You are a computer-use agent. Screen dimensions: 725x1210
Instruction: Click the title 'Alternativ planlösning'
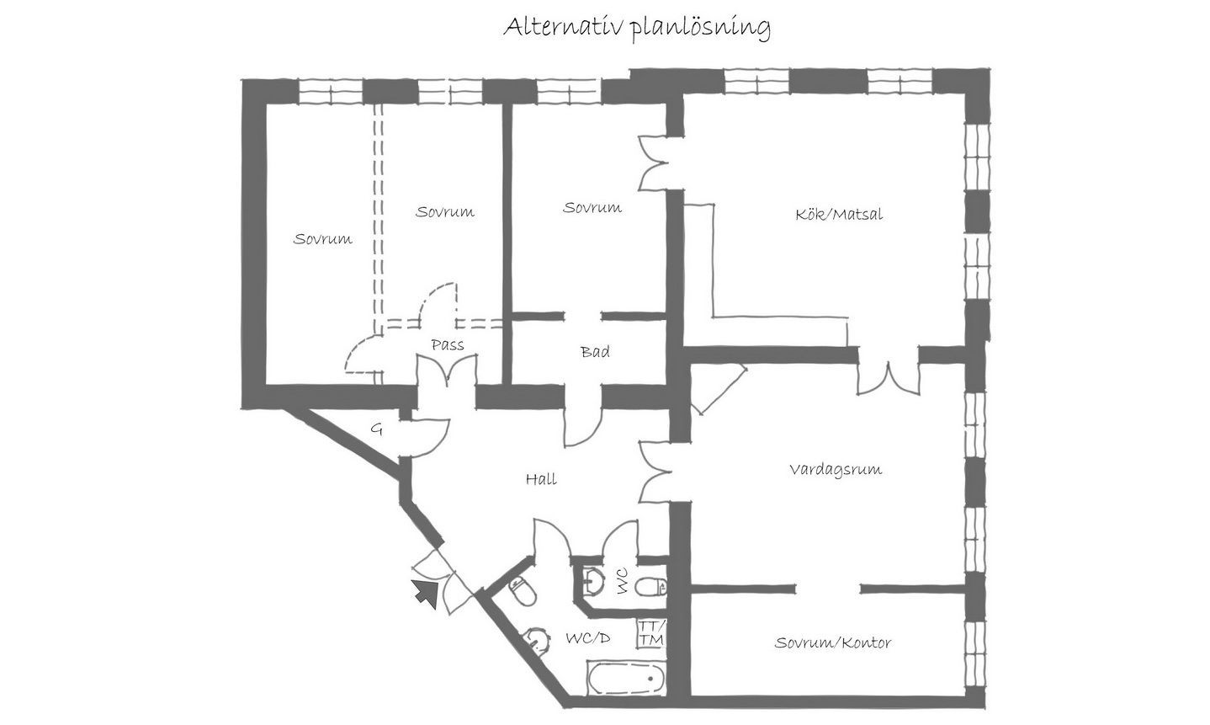pos(637,28)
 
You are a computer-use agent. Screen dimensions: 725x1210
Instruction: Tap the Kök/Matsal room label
pos(839,214)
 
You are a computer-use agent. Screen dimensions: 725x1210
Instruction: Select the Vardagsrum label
pos(835,470)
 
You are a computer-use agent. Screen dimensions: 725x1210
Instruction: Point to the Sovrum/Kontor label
pos(832,643)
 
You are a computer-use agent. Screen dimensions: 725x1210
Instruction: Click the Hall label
pos(541,479)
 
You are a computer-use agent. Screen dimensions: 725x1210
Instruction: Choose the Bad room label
pos(595,352)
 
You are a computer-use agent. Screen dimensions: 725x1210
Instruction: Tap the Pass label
pos(447,345)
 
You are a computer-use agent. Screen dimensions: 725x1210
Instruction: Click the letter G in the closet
pos(376,429)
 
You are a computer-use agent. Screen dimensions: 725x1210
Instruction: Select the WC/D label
pos(588,639)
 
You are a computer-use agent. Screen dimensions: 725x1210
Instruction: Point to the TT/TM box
pos(650,633)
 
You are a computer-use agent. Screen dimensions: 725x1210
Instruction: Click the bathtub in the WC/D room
pos(626,679)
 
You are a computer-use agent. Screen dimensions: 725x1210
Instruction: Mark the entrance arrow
pos(426,592)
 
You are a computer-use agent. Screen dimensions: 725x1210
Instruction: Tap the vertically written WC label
pos(622,581)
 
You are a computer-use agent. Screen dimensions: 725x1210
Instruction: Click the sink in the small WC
pos(593,581)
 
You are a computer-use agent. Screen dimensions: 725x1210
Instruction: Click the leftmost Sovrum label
pos(322,239)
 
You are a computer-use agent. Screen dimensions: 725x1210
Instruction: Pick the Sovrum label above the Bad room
pos(592,207)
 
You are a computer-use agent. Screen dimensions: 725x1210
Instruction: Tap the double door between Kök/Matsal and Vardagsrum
pos(888,378)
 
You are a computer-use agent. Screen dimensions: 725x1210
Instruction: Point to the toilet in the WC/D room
pos(523,591)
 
